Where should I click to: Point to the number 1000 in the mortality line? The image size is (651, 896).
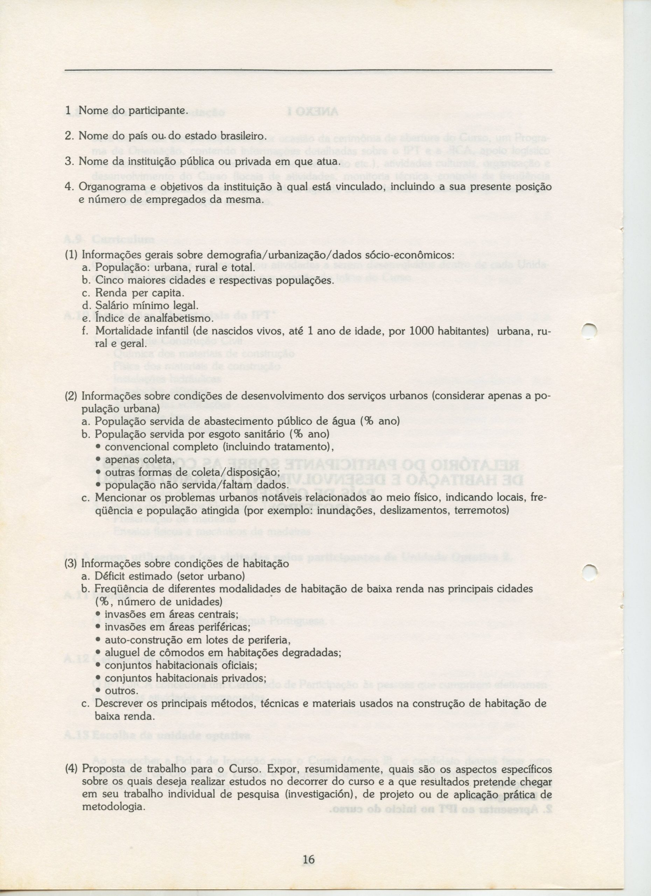[x=424, y=331]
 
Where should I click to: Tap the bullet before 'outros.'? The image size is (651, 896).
[x=98, y=691]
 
